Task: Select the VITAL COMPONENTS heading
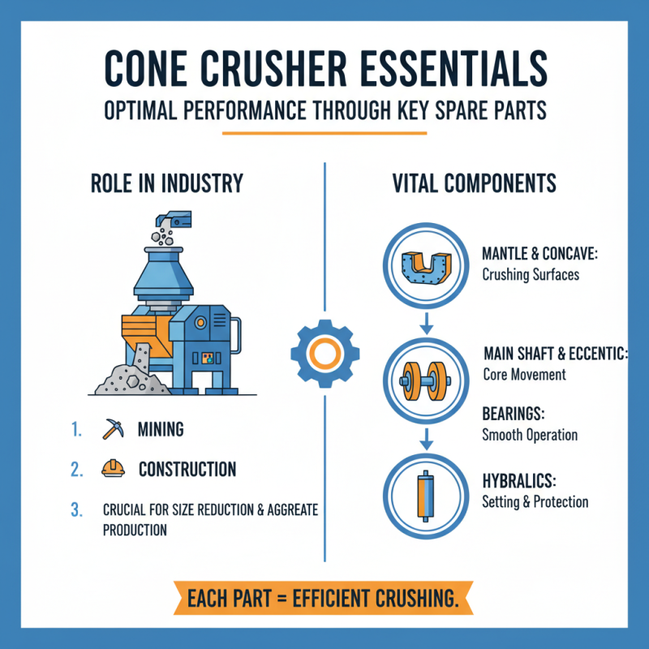point(474,183)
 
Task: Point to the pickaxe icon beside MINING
point(112,428)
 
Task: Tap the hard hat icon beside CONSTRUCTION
point(112,469)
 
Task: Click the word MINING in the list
point(161,429)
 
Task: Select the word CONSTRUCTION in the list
point(187,470)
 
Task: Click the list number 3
point(77,510)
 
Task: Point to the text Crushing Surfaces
point(531,274)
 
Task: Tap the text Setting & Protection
point(535,502)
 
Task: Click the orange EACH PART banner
point(324,600)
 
